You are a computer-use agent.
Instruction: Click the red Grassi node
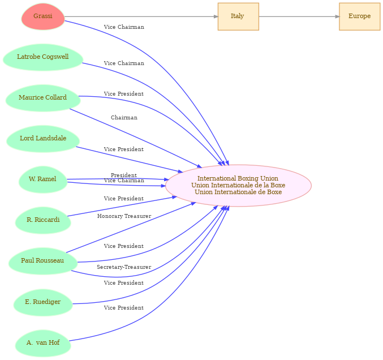pyautogui.click(x=43, y=16)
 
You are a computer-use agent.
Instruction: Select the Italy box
pyautogui.click(x=238, y=16)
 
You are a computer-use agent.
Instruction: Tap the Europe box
pyautogui.click(x=360, y=16)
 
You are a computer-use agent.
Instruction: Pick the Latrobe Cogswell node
pyautogui.click(x=43, y=57)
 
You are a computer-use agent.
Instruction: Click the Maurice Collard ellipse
pyautogui.click(x=43, y=98)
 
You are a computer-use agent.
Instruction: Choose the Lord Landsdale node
pyautogui.click(x=43, y=139)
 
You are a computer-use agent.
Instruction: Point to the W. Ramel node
pyautogui.click(x=43, y=179)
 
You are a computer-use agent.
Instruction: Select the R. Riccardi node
pyautogui.click(x=43, y=220)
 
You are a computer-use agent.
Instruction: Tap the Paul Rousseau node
pyautogui.click(x=43, y=261)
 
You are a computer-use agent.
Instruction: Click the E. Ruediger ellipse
pyautogui.click(x=43, y=302)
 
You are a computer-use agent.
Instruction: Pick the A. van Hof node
pyautogui.click(x=43, y=343)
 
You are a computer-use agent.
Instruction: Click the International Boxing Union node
pyautogui.click(x=238, y=186)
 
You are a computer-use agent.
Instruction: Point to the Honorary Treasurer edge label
pyautogui.click(x=124, y=216)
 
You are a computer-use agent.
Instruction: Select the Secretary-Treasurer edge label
pyautogui.click(x=124, y=267)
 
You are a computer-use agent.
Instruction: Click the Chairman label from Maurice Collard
pyautogui.click(x=124, y=118)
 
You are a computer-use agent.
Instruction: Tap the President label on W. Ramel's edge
pyautogui.click(x=124, y=175)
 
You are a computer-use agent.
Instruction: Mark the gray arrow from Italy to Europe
pyautogui.click(x=299, y=16)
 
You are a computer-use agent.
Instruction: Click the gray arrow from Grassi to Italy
pyautogui.click(x=141, y=16)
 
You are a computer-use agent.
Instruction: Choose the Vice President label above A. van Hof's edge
pyautogui.click(x=124, y=308)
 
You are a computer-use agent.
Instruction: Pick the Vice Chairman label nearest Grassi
pyautogui.click(x=124, y=27)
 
